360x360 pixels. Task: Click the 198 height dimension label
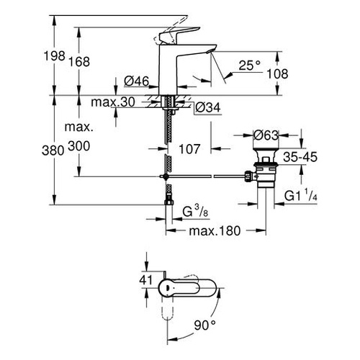[55, 56]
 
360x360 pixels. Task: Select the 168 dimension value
[79, 61]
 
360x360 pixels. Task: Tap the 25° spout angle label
[250, 66]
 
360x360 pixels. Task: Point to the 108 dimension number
[277, 73]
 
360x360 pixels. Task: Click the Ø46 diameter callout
[137, 81]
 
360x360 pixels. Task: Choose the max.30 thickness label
[113, 102]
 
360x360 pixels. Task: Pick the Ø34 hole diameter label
[208, 107]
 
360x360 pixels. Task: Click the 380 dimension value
[53, 150]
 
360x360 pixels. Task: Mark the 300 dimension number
[79, 145]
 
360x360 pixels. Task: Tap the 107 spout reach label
[189, 149]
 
